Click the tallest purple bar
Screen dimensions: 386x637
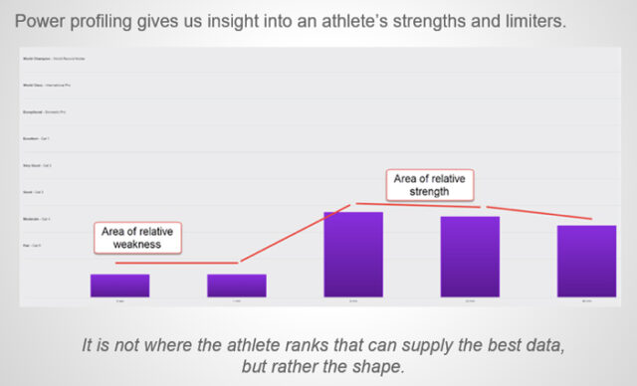click(x=353, y=254)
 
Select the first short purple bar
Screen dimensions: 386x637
click(x=119, y=286)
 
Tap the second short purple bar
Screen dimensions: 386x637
click(x=237, y=286)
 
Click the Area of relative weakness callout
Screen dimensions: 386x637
click(x=138, y=240)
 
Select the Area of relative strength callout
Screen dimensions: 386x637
click(x=429, y=185)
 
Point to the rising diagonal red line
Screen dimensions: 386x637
click(x=295, y=234)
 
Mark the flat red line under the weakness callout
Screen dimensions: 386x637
click(x=178, y=263)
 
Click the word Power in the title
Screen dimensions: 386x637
click(x=44, y=21)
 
